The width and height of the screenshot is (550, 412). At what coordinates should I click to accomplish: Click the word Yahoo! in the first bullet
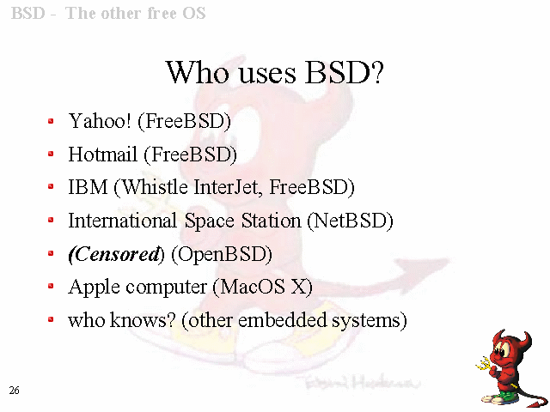click(100, 121)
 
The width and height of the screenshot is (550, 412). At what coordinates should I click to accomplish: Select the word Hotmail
click(102, 154)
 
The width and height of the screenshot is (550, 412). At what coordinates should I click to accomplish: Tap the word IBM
click(88, 187)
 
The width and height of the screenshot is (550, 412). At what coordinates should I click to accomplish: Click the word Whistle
click(151, 187)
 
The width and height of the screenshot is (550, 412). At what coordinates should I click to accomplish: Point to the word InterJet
click(228, 187)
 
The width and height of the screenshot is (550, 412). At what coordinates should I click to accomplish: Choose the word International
click(122, 221)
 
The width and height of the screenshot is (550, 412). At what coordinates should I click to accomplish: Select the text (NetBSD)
click(350, 221)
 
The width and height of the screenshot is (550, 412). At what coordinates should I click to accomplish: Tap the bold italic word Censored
click(114, 254)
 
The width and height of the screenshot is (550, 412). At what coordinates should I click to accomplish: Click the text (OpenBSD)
click(222, 254)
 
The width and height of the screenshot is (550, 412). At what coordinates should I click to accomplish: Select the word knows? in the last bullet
click(143, 320)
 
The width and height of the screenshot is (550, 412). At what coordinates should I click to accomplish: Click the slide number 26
click(14, 391)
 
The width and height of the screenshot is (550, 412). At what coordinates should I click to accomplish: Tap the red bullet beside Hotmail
click(51, 154)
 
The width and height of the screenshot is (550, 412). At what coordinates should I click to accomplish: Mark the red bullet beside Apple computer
click(51, 286)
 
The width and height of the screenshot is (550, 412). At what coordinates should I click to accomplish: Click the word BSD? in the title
click(345, 72)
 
